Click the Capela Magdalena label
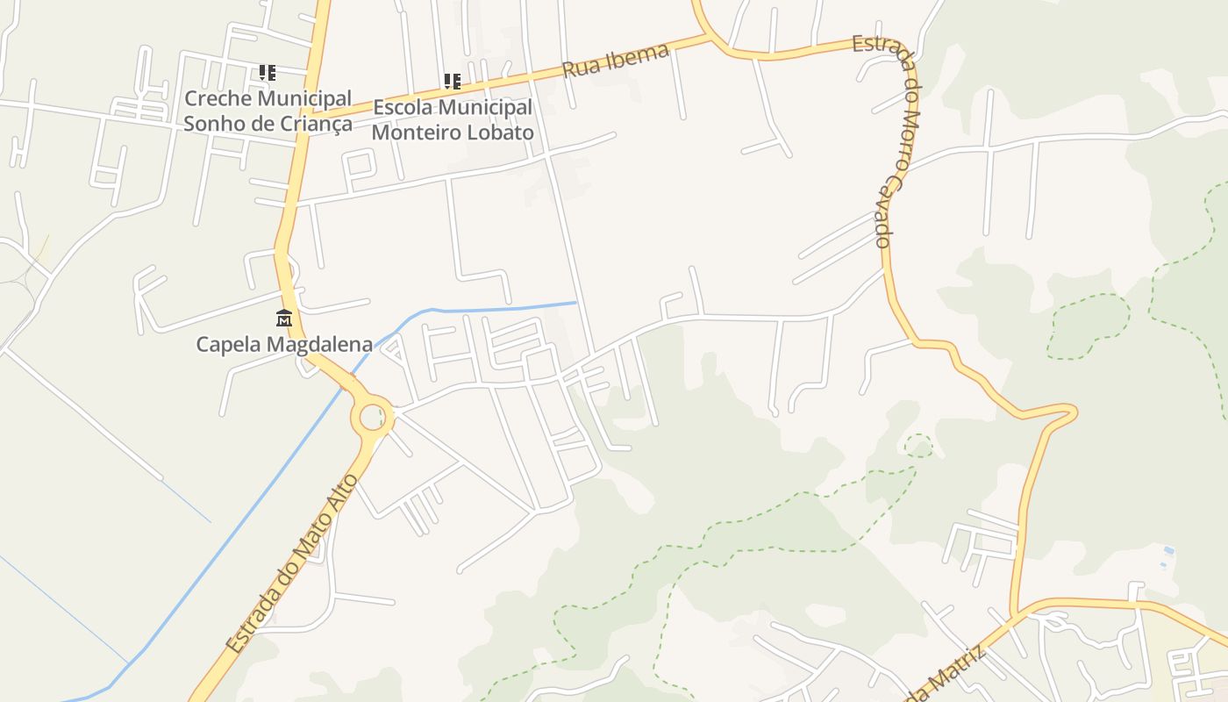tap(284, 344)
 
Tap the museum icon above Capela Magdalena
tap(283, 318)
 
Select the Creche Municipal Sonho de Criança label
tap(268, 111)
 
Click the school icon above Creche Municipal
tap(268, 73)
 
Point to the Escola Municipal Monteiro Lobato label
tap(453, 120)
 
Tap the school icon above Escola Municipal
tap(453, 82)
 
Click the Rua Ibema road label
tap(616, 60)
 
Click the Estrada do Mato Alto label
tap(291, 564)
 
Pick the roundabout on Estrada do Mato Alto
tap(373, 417)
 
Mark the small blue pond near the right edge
tap(1167, 551)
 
